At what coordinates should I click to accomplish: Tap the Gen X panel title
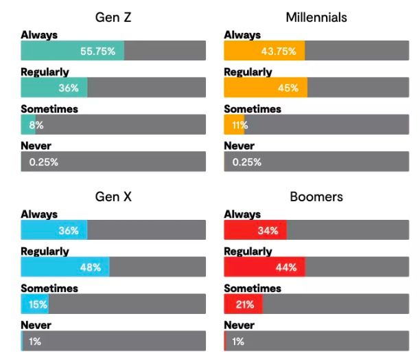(113, 197)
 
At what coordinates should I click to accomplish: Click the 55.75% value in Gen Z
(102, 51)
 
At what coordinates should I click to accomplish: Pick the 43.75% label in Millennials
(283, 51)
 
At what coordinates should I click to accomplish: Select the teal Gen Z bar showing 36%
(54, 88)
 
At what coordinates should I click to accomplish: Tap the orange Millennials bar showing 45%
(266, 88)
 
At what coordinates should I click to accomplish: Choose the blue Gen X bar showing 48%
(65, 267)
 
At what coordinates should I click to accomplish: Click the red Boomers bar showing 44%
(264, 267)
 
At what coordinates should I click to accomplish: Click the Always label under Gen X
(39, 215)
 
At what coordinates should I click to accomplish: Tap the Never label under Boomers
(239, 325)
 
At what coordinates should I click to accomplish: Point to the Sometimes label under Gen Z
(49, 109)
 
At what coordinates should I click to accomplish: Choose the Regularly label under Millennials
(248, 71)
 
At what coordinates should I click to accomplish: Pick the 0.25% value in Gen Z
(43, 162)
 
